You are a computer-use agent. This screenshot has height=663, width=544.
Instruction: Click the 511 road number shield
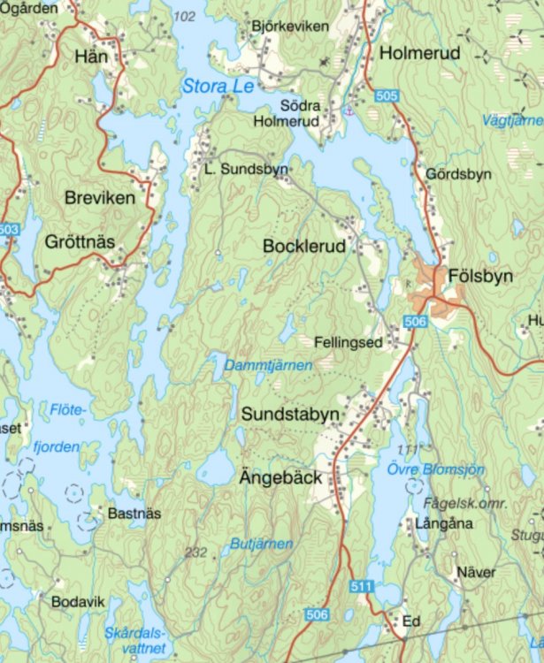pyautogui.click(x=362, y=586)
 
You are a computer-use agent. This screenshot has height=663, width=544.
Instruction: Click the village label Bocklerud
pyautogui.click(x=304, y=248)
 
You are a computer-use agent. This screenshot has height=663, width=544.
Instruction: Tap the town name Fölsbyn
pyautogui.click(x=480, y=276)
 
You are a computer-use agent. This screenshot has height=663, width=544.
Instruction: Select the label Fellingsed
pyautogui.click(x=349, y=341)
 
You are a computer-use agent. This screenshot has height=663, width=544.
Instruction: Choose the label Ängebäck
pyautogui.click(x=281, y=477)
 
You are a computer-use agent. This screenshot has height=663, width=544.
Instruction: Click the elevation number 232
pyautogui.click(x=195, y=552)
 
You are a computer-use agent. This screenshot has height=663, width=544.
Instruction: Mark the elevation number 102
pyautogui.click(x=185, y=17)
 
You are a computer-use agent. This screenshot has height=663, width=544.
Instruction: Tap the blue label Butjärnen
pyautogui.click(x=261, y=544)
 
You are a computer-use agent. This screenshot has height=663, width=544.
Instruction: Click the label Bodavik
pyautogui.click(x=78, y=601)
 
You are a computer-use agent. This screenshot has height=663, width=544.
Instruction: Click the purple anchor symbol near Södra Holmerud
pyautogui.click(x=349, y=110)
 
